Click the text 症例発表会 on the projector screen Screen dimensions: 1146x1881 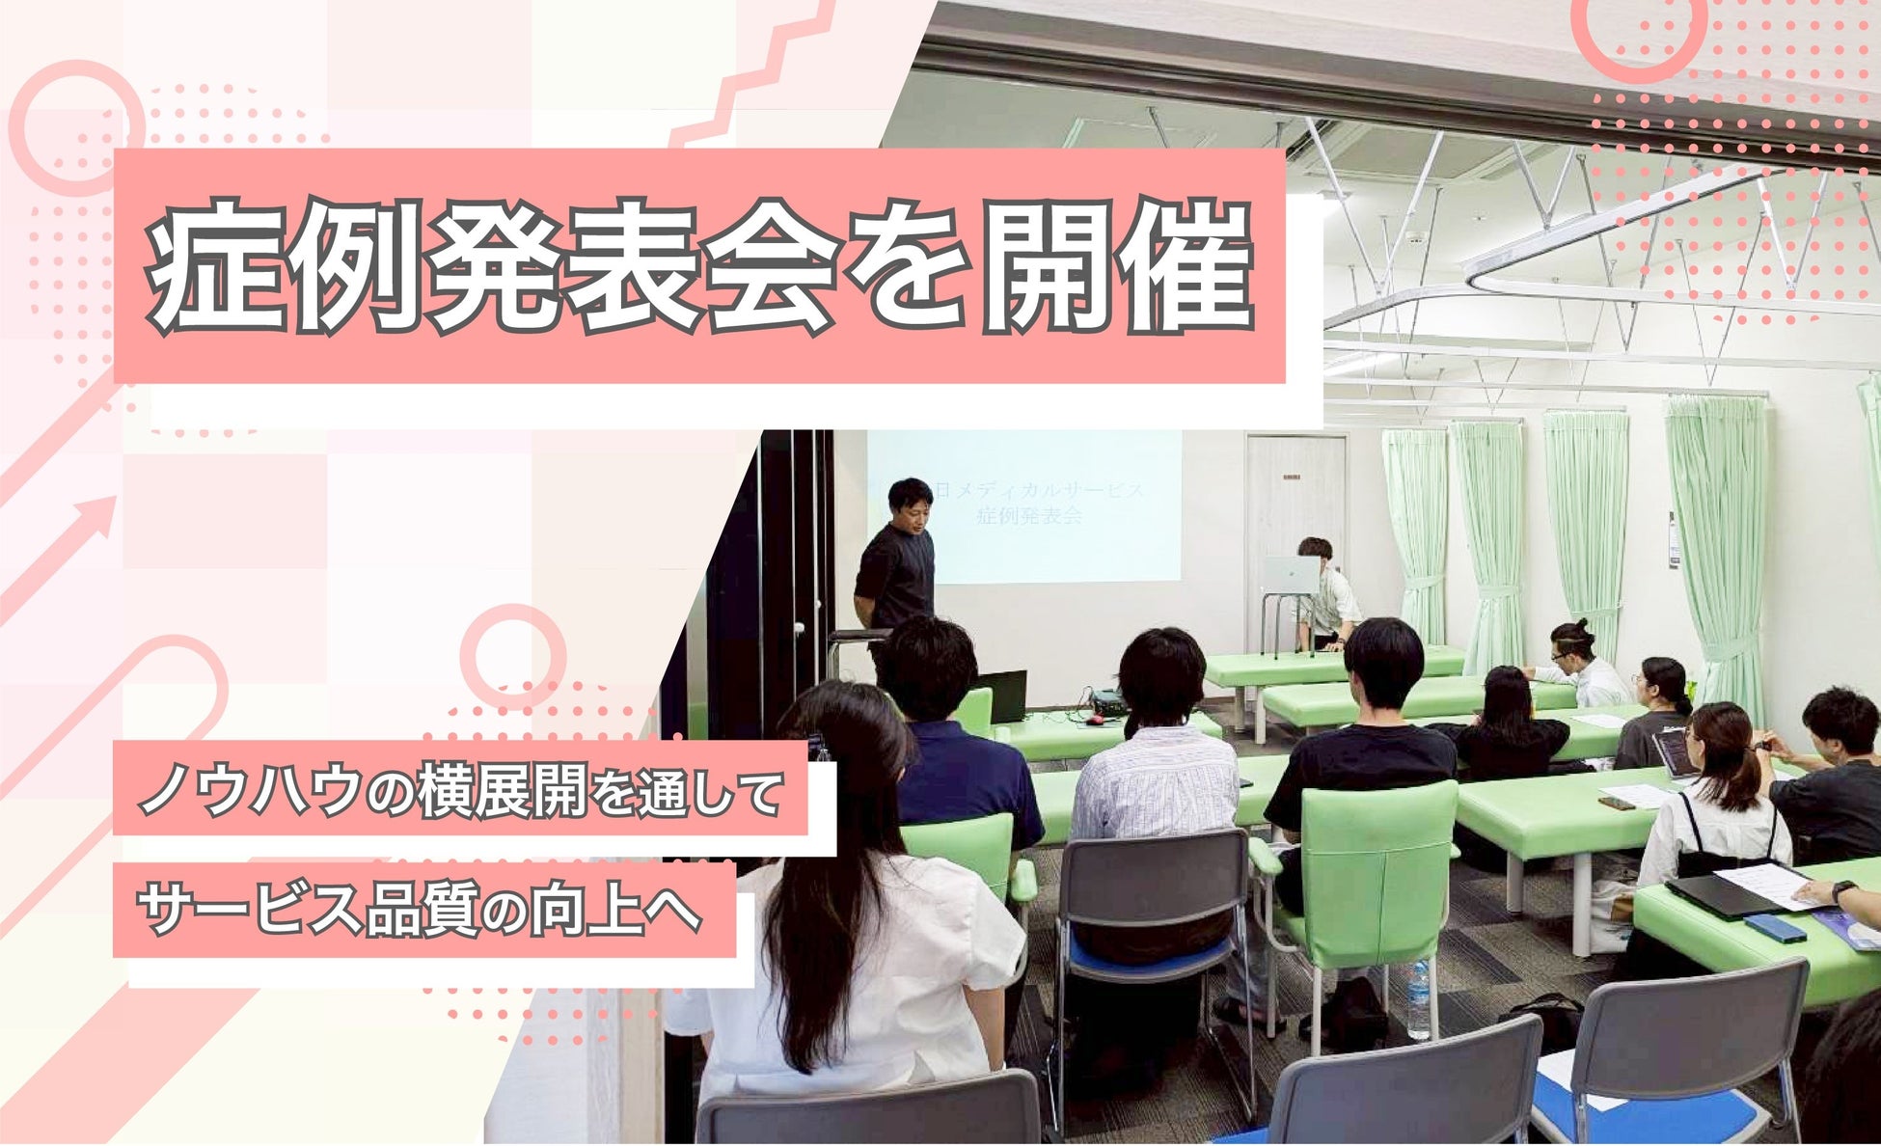coord(1028,516)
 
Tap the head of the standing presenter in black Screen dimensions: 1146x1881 coord(909,501)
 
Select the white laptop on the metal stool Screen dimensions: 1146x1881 coord(1292,575)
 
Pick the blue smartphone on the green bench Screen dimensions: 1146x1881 coord(1774,928)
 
